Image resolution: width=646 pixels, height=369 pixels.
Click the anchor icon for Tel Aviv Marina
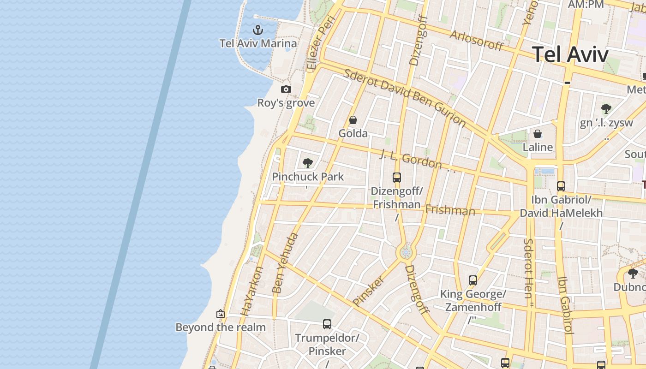tap(258, 30)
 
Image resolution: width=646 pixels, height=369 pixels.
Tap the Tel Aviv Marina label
tap(258, 43)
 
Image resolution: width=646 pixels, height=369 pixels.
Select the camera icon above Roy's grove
tap(286, 89)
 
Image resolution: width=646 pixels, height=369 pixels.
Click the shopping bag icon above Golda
tap(353, 120)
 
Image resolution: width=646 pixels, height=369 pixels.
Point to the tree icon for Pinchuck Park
tap(308, 163)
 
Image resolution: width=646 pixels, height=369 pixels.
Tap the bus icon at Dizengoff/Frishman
tap(396, 177)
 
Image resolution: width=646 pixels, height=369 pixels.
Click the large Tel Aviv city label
tap(570, 54)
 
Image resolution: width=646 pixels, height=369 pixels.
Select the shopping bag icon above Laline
tap(538, 134)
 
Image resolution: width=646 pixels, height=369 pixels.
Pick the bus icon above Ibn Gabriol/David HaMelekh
tap(561, 186)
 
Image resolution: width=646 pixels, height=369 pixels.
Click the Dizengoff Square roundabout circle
tap(406, 252)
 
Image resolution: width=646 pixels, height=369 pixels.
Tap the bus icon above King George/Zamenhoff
tap(473, 280)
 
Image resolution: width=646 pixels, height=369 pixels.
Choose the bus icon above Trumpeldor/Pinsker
tap(327, 324)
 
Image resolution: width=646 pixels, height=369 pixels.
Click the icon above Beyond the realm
tap(221, 314)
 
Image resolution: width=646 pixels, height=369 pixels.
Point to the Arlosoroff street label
tap(477, 41)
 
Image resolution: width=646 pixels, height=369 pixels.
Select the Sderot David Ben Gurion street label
tap(405, 97)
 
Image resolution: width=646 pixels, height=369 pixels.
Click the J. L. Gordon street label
tap(411, 159)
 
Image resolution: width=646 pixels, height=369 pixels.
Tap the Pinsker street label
tap(368, 291)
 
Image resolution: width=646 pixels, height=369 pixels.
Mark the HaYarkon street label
tap(252, 291)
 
